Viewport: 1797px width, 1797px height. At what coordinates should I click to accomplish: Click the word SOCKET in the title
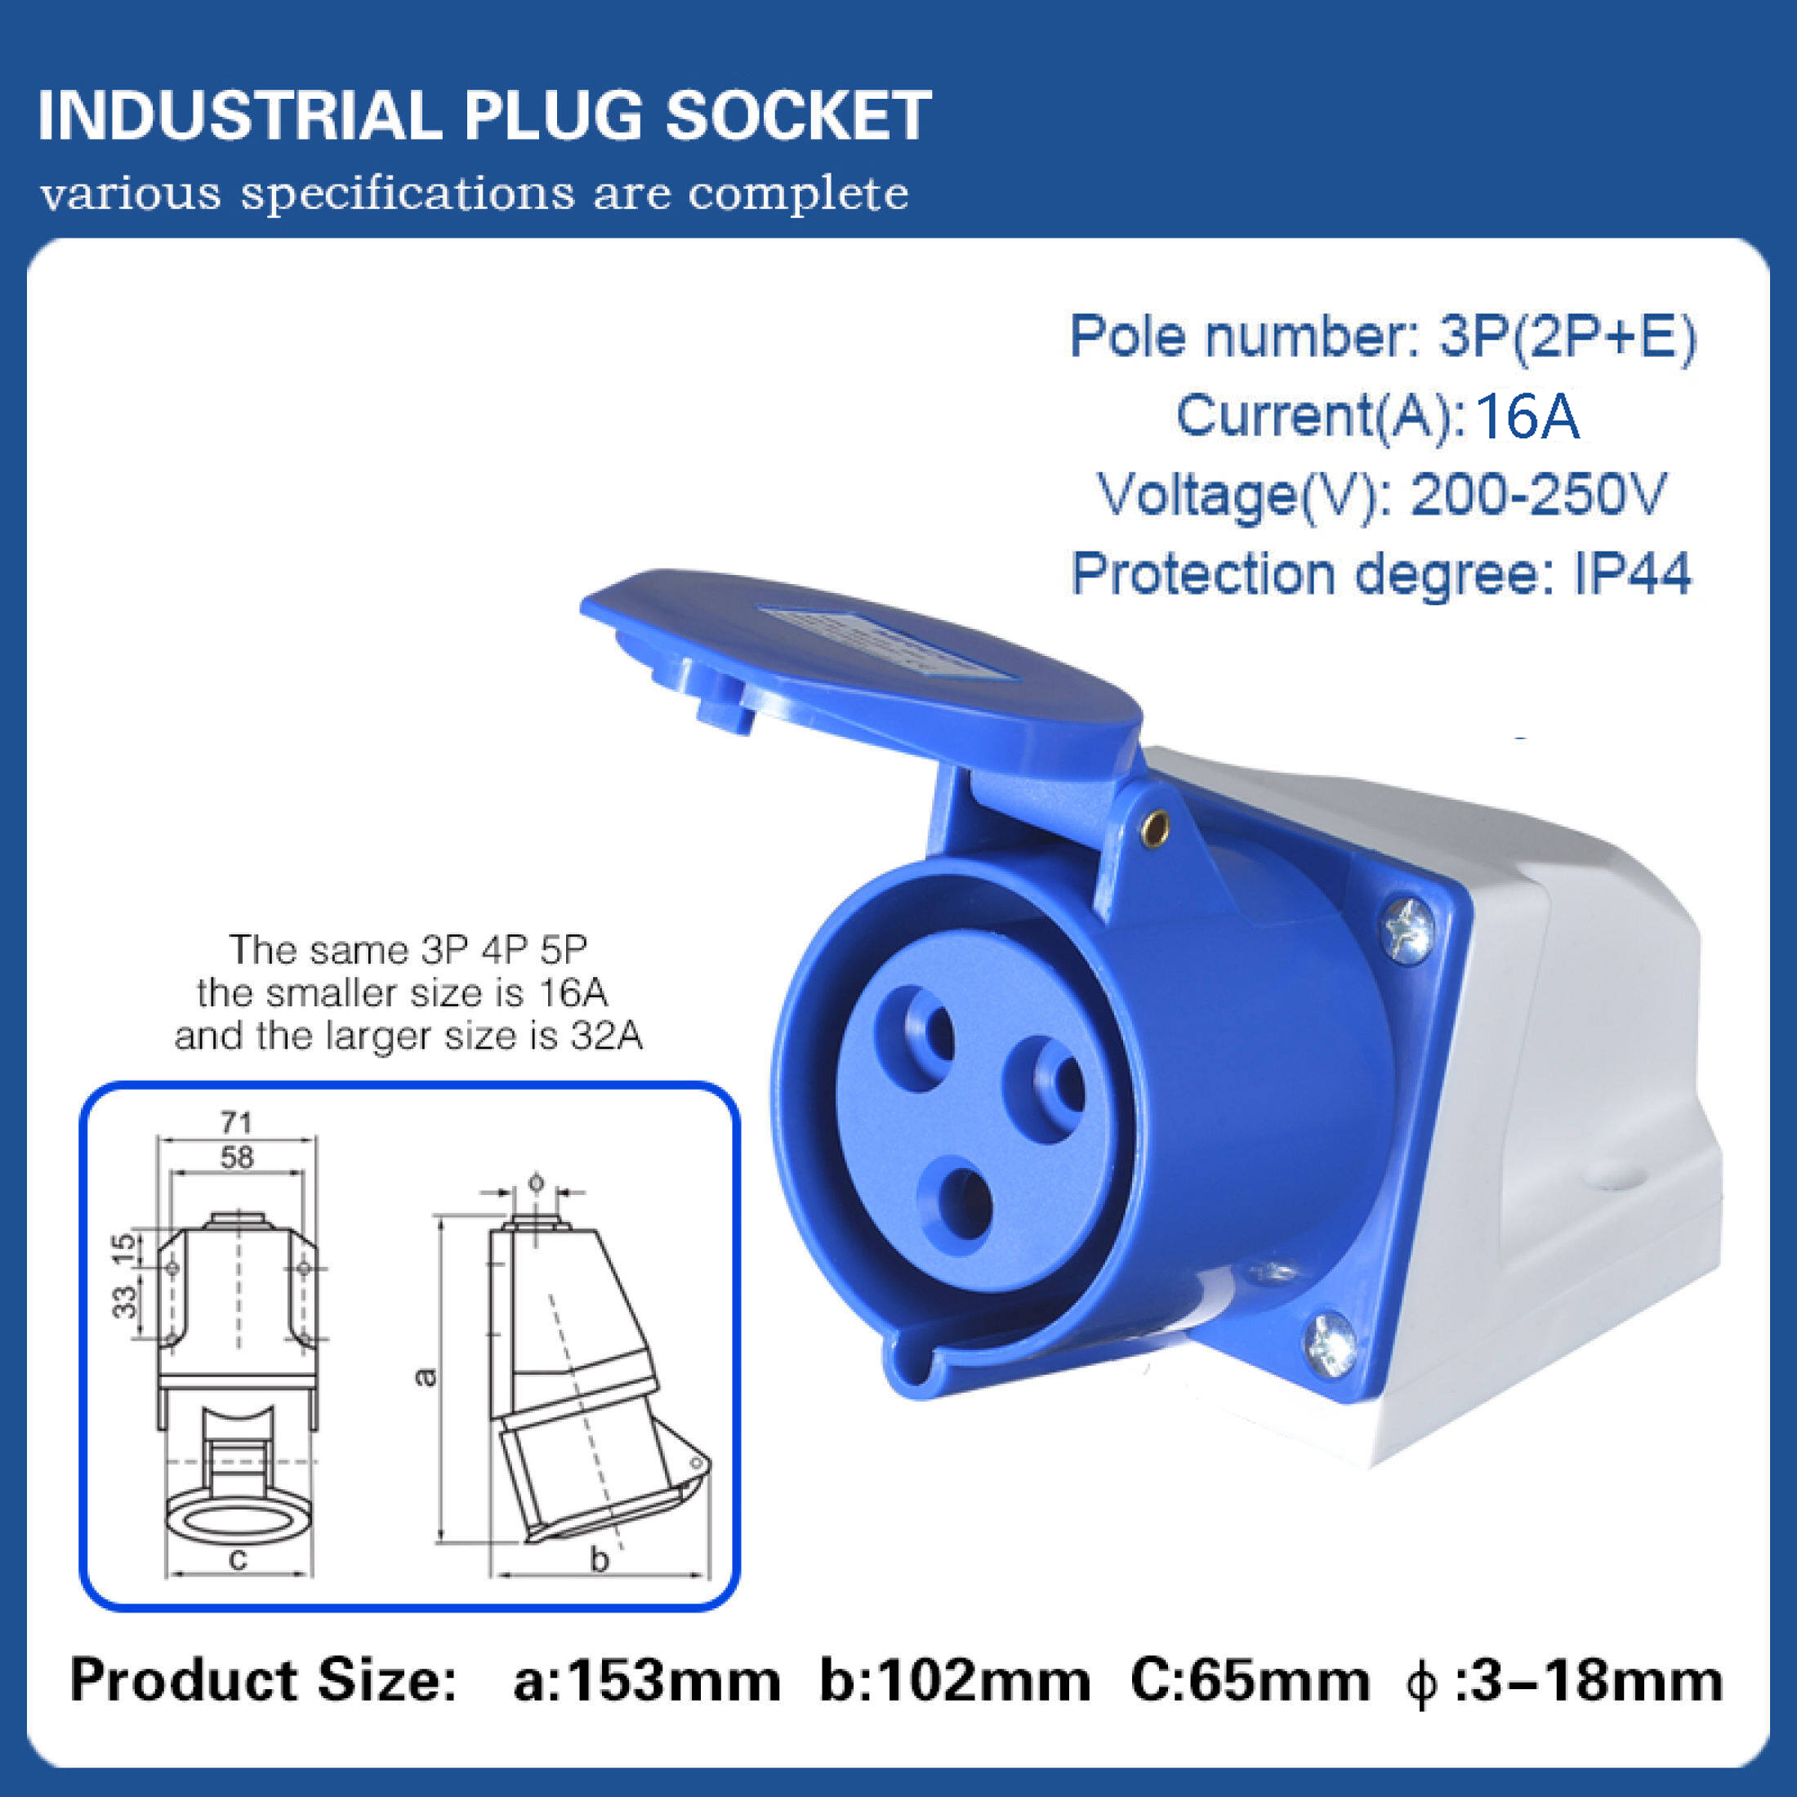[x=798, y=116]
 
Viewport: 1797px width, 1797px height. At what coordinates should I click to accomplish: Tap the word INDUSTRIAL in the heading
[x=239, y=116]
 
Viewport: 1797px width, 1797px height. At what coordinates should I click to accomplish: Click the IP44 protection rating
[x=1631, y=574]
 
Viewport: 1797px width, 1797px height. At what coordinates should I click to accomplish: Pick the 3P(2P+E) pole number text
[x=1567, y=336]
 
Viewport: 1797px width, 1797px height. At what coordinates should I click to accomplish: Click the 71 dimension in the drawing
[x=236, y=1122]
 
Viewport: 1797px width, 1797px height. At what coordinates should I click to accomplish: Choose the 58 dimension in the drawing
[x=237, y=1157]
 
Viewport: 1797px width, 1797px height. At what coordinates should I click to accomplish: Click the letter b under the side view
[x=600, y=1560]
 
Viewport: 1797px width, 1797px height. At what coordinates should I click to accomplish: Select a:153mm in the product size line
[x=646, y=1682]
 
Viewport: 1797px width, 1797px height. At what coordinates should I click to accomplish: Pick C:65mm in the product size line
[x=1249, y=1682]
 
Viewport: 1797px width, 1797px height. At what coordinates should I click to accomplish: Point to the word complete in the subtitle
[x=798, y=194]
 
